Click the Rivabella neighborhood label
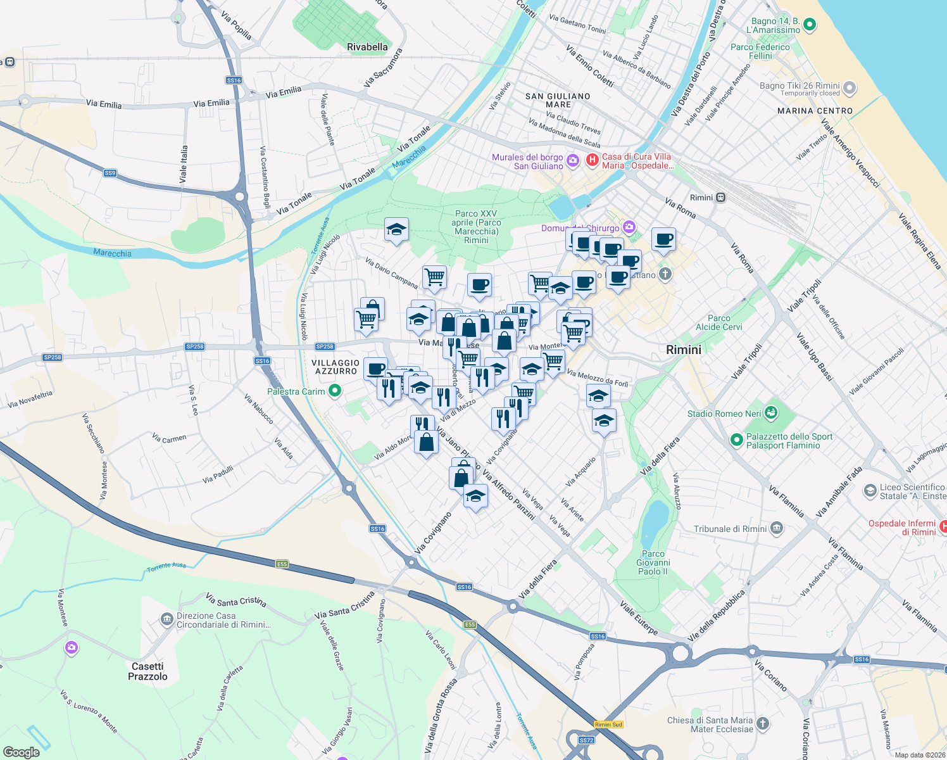367,47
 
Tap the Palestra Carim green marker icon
336,391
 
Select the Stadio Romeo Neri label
724,414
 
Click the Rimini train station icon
720,198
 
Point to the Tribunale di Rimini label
730,529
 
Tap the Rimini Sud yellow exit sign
608,725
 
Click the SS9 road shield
110,173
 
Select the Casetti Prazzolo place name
147,671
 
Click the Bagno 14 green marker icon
809,25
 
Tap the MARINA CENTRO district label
815,111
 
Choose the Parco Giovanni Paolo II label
653,562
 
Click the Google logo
22,752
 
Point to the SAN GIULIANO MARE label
558,100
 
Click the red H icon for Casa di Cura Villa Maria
592,160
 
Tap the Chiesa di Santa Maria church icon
763,724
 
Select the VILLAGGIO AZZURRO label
336,367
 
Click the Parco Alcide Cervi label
719,322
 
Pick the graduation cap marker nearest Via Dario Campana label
396,230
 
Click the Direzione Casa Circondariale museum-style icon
166,619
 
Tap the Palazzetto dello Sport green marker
736,440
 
